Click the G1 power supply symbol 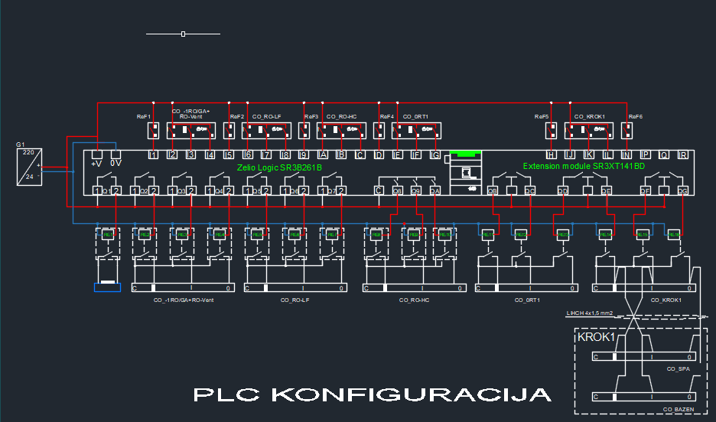[x=28, y=166]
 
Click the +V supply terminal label [x=96, y=163]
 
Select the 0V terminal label [x=116, y=163]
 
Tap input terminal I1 [x=153, y=155]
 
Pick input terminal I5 [x=229, y=155]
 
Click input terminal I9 [x=304, y=155]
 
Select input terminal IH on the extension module [x=551, y=155]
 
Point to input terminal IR [x=682, y=155]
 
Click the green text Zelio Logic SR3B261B [x=278, y=167]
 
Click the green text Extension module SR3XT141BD [x=583, y=166]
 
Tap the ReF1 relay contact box [x=153, y=131]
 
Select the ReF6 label [x=635, y=116]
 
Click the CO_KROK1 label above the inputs [x=589, y=116]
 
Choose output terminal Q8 [x=397, y=190]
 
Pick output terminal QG [x=682, y=190]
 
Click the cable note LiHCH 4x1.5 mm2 [x=590, y=313]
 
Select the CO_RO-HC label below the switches [x=414, y=300]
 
